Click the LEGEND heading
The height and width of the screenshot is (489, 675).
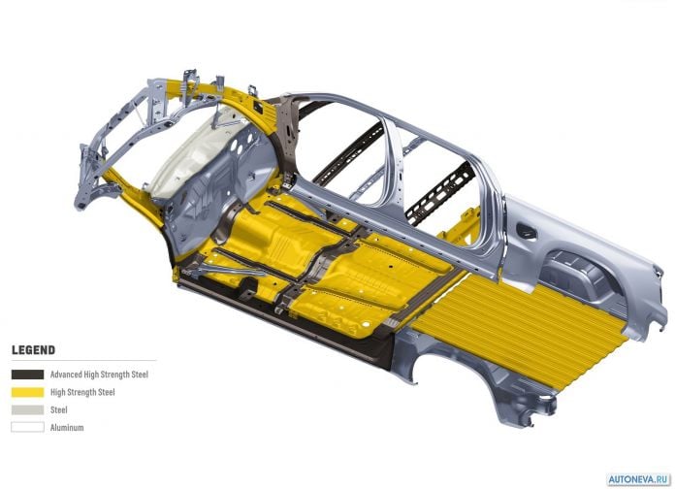(34, 350)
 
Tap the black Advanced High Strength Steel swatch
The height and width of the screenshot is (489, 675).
(27, 375)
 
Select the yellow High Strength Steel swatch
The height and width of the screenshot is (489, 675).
(27, 392)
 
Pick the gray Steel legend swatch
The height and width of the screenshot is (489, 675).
(27, 409)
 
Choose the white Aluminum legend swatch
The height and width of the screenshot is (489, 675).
(27, 428)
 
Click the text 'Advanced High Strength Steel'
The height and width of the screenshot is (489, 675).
(99, 375)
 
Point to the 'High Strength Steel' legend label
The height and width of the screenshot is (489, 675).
(82, 392)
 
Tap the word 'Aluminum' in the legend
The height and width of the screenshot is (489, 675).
(67, 428)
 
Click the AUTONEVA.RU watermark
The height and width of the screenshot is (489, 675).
(639, 479)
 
